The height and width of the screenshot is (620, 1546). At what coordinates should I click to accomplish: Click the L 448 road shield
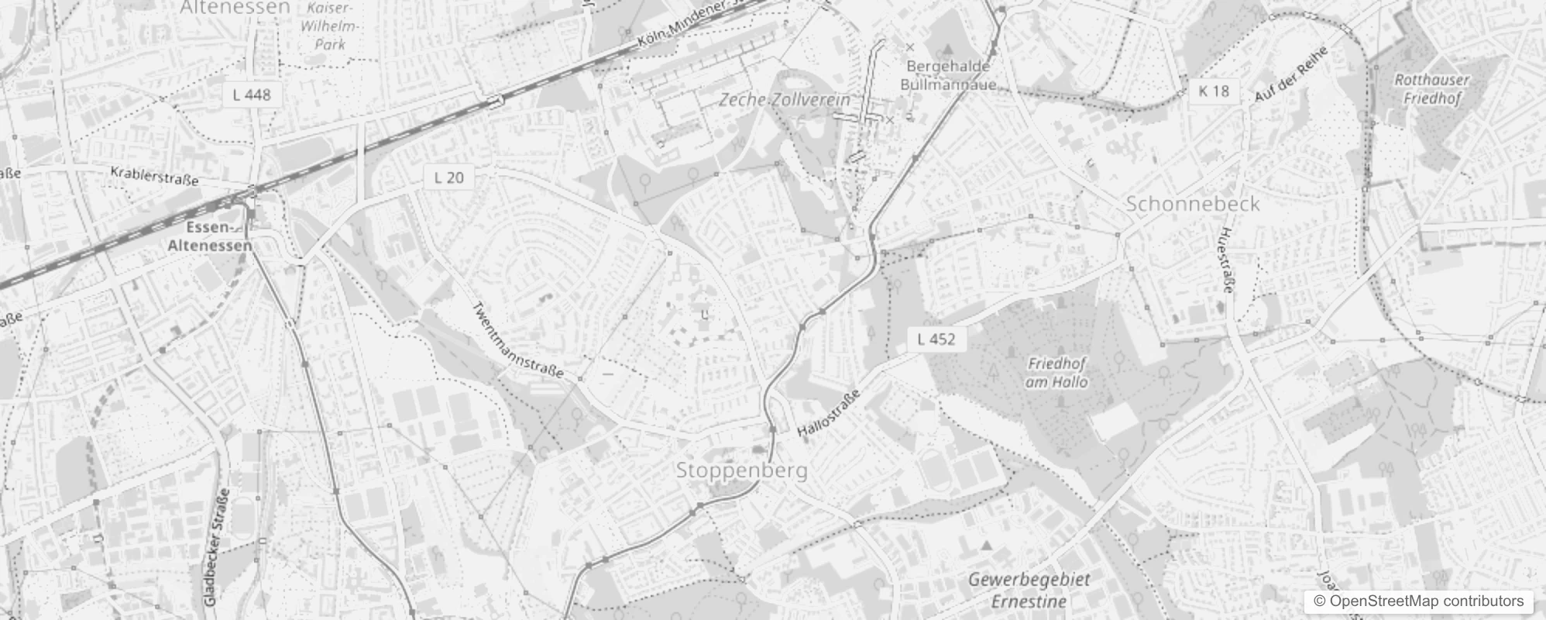pyautogui.click(x=252, y=95)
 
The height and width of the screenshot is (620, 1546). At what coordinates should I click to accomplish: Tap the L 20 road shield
pyautogui.click(x=449, y=177)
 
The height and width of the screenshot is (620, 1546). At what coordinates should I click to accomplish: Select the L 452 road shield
pyautogui.click(x=936, y=339)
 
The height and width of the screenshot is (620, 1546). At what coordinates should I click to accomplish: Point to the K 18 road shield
pyautogui.click(x=1214, y=91)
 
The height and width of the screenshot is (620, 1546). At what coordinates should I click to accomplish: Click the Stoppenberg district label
pyautogui.click(x=741, y=470)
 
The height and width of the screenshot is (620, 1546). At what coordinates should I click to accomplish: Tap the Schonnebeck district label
pyautogui.click(x=1192, y=204)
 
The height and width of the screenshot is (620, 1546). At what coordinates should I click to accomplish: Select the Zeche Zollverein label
pyautogui.click(x=784, y=100)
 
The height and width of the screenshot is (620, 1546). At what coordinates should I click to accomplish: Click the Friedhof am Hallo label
pyautogui.click(x=1056, y=372)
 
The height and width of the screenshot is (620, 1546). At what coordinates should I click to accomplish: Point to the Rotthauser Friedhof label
pyautogui.click(x=1431, y=88)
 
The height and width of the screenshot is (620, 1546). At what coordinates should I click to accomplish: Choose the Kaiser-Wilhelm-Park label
pyautogui.click(x=330, y=26)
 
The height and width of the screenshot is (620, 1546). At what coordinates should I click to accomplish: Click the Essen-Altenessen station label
pyautogui.click(x=210, y=236)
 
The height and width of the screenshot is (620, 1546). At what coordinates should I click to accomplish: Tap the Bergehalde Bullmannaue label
pyautogui.click(x=948, y=75)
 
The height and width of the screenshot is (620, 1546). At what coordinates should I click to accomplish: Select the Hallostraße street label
pyautogui.click(x=828, y=415)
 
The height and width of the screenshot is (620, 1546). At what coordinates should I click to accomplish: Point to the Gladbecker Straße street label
pyautogui.click(x=216, y=547)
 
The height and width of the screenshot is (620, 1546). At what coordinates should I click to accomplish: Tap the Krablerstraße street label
pyautogui.click(x=154, y=175)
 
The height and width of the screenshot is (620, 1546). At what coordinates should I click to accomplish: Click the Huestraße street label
pyautogui.click(x=1226, y=260)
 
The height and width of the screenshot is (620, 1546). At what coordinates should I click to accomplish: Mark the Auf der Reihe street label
pyautogui.click(x=1291, y=74)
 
